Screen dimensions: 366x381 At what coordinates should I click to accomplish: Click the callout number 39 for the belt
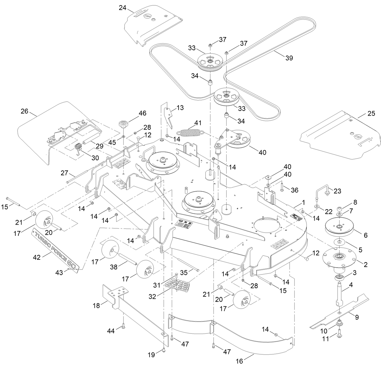(x=289, y=58)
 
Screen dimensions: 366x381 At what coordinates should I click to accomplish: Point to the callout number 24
(x=122, y=8)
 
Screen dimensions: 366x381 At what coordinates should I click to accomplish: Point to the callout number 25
(x=362, y=115)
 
